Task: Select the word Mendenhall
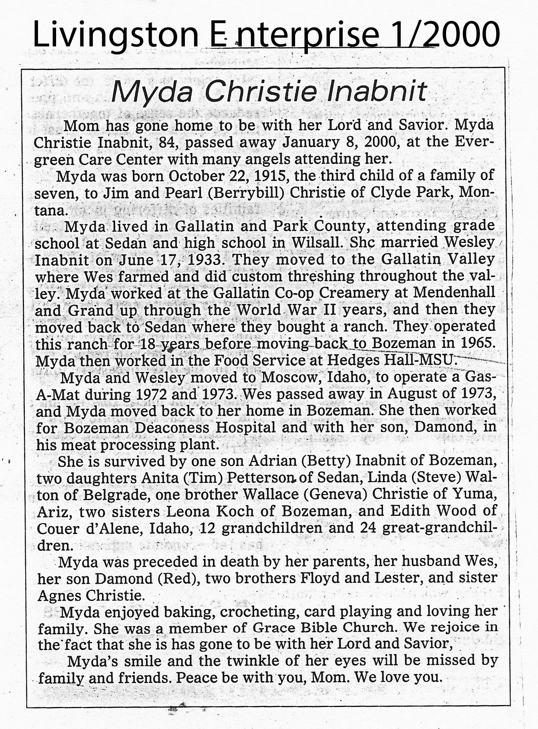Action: [x=454, y=292]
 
